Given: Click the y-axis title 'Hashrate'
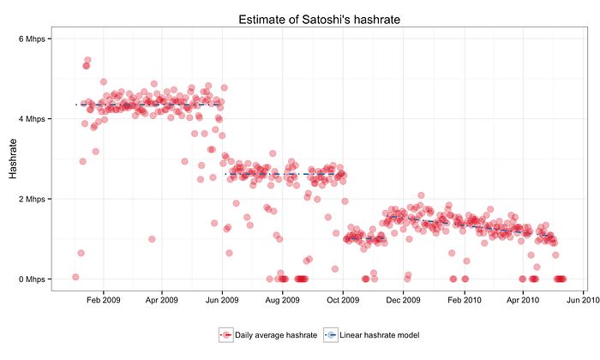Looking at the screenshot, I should (x=13, y=159).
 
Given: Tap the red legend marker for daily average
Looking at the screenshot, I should (x=226, y=335).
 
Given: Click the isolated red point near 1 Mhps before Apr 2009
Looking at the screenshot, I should (x=152, y=239).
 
